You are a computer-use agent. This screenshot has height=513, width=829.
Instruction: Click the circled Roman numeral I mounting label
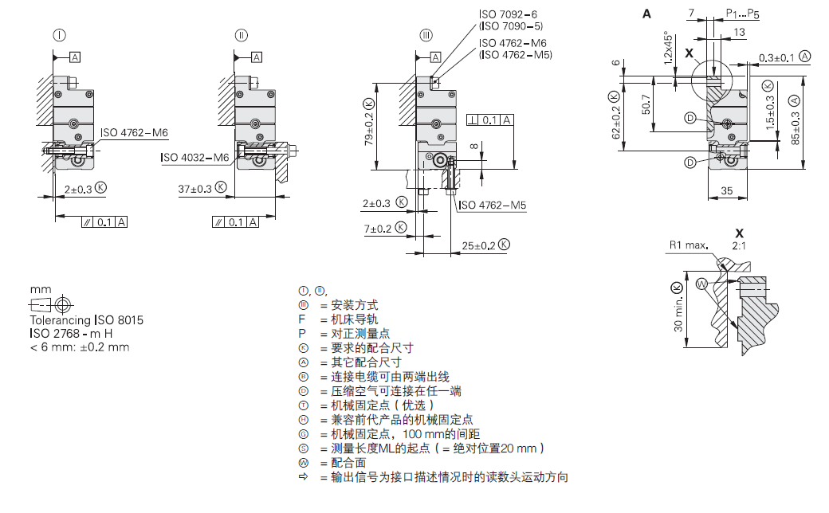(x=60, y=34)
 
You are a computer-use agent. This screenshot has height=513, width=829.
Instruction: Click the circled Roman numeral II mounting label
(x=242, y=34)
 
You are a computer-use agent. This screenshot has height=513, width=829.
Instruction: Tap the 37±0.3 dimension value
(x=195, y=189)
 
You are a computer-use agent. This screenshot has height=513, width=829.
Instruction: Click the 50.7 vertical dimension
(x=645, y=104)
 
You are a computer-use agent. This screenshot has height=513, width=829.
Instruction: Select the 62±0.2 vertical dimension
(x=614, y=116)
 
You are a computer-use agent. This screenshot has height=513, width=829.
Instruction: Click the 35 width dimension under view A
(x=726, y=191)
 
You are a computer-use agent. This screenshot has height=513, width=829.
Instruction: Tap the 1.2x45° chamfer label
(x=669, y=48)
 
